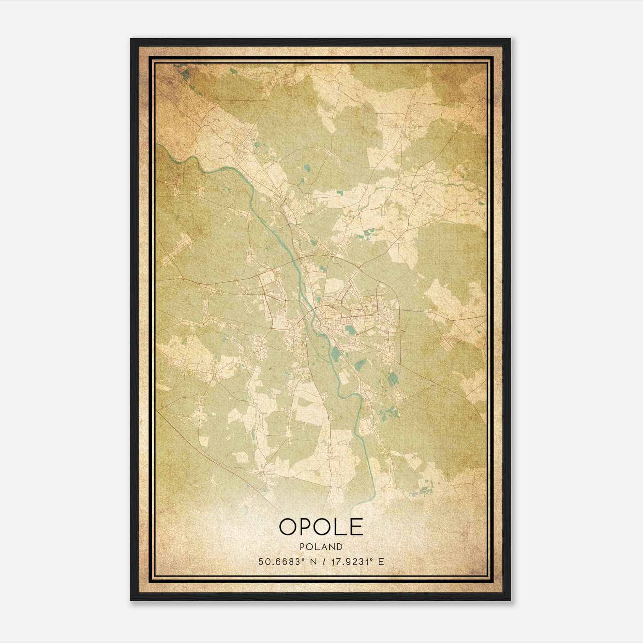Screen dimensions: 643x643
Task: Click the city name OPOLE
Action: coord(321,527)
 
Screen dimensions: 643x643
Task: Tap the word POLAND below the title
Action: coord(321,547)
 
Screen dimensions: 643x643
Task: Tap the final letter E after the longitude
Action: coord(381,561)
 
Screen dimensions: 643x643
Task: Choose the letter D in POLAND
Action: coord(340,547)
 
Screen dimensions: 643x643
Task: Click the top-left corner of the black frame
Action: coord(131,39)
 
